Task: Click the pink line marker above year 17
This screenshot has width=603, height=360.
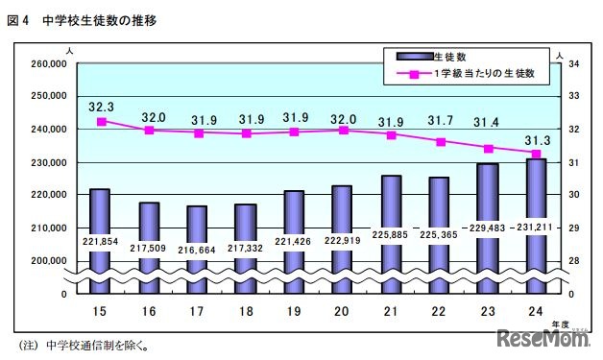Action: point(198,133)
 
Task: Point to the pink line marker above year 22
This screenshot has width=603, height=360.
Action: point(440,142)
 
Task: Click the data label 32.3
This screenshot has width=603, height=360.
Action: point(101,108)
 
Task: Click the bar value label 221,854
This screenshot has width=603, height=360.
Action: point(100,241)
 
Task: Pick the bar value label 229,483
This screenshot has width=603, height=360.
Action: point(489,228)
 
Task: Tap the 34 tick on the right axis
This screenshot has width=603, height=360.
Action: point(572,63)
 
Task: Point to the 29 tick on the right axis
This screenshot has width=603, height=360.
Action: point(572,228)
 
